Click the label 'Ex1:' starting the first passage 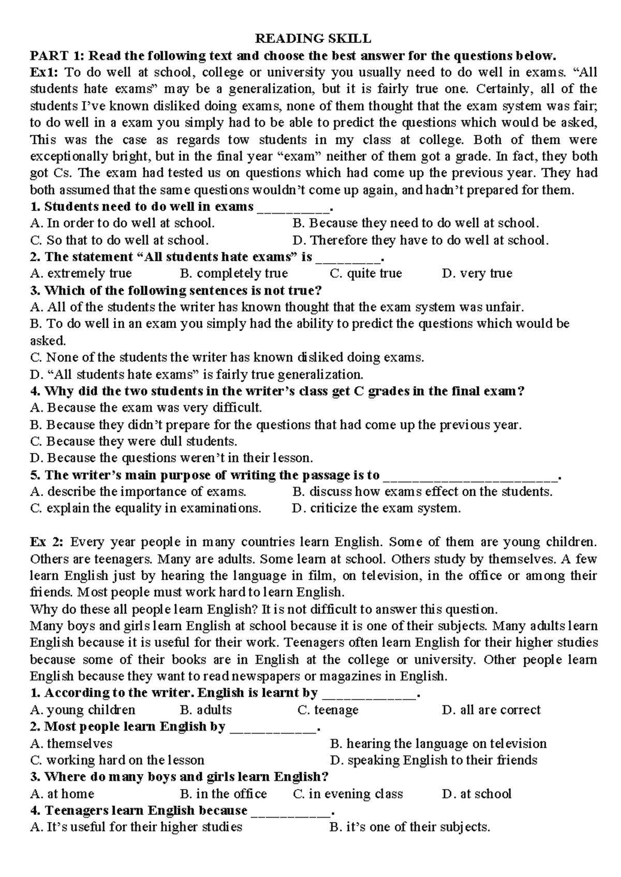click(x=44, y=72)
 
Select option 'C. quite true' click(x=365, y=274)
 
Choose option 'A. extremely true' click(x=81, y=274)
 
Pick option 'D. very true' click(x=477, y=274)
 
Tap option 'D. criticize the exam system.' click(x=376, y=508)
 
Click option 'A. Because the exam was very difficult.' click(x=146, y=408)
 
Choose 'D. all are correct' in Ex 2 click(x=491, y=710)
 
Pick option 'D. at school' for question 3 click(x=476, y=794)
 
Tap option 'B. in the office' click(x=223, y=794)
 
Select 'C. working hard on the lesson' click(x=117, y=760)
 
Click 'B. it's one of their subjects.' click(x=409, y=827)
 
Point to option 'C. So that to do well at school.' click(x=120, y=240)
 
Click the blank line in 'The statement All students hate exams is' click(x=349, y=258)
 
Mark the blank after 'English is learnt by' click(x=368, y=694)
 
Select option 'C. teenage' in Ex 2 click(x=328, y=710)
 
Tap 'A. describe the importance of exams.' click(x=138, y=492)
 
